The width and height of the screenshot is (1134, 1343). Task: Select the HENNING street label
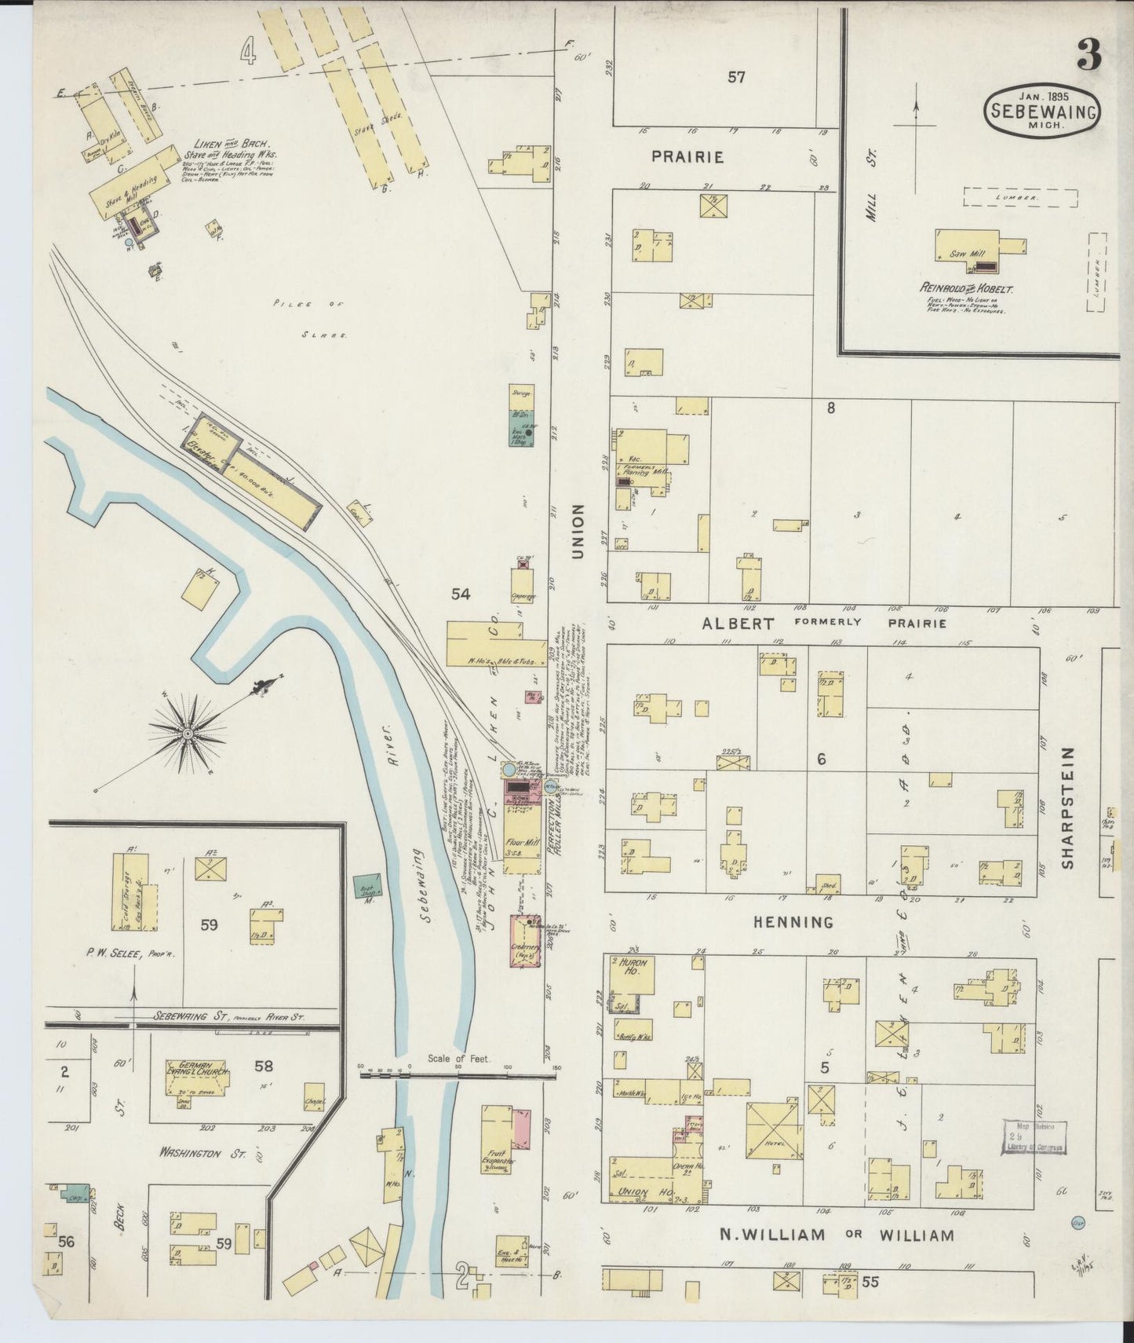[x=793, y=922]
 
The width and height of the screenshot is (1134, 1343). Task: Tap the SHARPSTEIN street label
[x=1067, y=807]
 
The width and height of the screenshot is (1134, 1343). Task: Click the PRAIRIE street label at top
[x=687, y=157]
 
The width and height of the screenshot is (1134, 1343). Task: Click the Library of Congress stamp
[x=1034, y=1136]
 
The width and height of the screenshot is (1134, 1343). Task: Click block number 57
[x=735, y=77]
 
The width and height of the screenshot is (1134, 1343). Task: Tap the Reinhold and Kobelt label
[x=967, y=288]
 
